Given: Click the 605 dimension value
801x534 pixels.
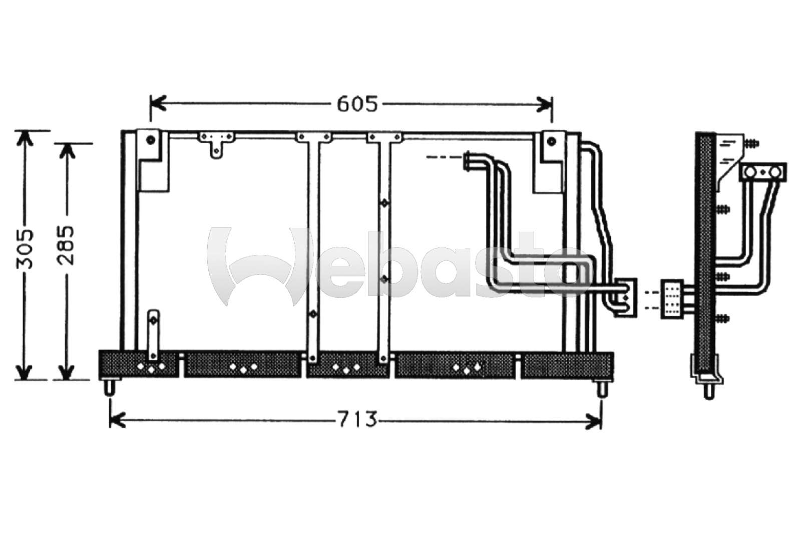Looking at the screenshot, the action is [x=357, y=104].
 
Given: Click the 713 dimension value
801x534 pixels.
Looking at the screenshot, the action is [x=357, y=419].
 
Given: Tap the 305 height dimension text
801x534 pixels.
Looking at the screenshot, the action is [x=25, y=249].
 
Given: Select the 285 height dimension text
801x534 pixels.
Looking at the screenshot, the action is [x=66, y=245].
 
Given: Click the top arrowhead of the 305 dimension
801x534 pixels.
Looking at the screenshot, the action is [x=25, y=138].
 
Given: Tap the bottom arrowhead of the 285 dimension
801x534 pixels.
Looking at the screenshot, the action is [x=66, y=372].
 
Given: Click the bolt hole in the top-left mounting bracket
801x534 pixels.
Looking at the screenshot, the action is [x=151, y=140].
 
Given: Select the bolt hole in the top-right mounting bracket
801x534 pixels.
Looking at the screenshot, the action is [x=551, y=141].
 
